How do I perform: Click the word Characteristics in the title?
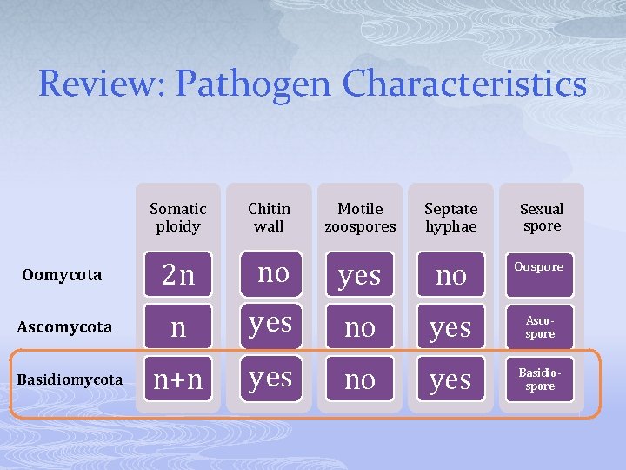[465, 84]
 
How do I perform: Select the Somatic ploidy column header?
[178, 218]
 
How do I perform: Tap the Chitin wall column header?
[269, 218]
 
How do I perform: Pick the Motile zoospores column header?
[360, 218]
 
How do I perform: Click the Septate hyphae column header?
[451, 218]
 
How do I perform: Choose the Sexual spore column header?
[541, 218]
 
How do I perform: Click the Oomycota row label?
[62, 275]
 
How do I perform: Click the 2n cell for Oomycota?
[178, 275]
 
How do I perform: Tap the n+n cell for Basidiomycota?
[178, 379]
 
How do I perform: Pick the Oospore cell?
[540, 267]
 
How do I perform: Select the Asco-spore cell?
[540, 327]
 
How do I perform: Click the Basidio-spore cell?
[540, 379]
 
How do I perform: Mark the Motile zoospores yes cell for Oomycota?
[360, 275]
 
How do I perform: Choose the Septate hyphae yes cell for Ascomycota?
[451, 327]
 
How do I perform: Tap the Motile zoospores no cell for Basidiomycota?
[360, 379]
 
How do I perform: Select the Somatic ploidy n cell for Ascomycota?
[178, 327]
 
